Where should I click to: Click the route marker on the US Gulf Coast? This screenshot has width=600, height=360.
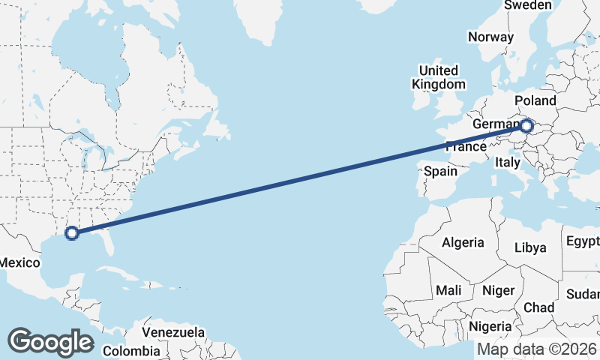72,232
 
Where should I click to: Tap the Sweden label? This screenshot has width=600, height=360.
527,5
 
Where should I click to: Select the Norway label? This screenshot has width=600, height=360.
490,37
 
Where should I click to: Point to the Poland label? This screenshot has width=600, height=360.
535,100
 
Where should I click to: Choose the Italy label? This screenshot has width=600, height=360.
508,161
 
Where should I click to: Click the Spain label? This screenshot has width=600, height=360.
440,171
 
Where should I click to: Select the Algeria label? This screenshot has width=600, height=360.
463,242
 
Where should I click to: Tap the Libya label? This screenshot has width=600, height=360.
530,248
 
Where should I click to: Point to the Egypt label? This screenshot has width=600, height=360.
583,241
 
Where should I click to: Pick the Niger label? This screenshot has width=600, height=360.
498,289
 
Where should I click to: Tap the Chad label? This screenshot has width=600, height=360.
538,307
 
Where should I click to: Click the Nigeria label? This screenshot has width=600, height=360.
490,326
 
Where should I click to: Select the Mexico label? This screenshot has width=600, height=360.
19,262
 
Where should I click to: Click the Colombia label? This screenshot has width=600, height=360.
131,350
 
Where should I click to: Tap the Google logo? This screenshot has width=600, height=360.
50,342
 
